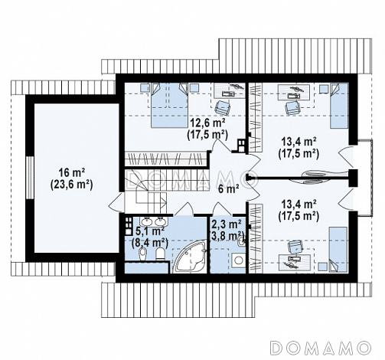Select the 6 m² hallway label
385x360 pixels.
click(229, 189)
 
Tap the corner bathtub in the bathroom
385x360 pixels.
click(190, 257)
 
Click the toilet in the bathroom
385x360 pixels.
click(161, 254)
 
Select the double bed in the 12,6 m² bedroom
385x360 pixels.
click(169, 105)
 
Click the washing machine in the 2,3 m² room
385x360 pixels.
click(238, 260)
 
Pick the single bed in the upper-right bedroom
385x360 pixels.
click(339, 106)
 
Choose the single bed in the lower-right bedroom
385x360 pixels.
click(338, 250)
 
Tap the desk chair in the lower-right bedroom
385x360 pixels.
click(295, 247)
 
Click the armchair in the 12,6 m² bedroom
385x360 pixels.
click(223, 107)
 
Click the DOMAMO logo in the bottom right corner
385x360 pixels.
click(320, 347)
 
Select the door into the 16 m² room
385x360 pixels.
click(116, 201)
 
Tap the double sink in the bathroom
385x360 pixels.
click(153, 221)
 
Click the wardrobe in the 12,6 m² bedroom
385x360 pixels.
click(165, 159)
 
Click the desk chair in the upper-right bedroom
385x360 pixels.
click(293, 107)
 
